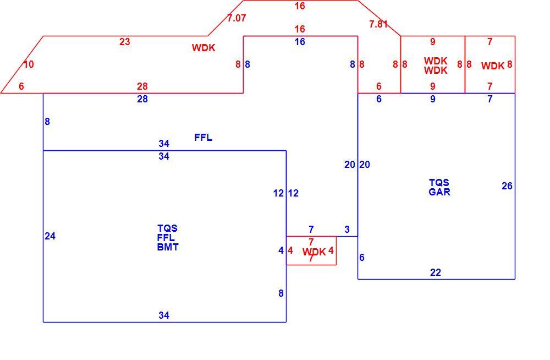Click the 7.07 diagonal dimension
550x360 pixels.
237,18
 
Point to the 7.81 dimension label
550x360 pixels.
378,24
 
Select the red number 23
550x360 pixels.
124,42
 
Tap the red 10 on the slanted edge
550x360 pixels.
29,64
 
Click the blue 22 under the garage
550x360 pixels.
435,272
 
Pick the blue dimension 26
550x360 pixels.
507,186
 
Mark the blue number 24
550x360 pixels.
50,236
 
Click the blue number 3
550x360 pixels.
347,230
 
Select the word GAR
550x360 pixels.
439,192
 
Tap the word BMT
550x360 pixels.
168,247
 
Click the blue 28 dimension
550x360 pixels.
142,99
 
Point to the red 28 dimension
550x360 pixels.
142,86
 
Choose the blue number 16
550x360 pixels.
300,42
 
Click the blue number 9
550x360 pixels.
432,99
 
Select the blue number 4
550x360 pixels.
281,250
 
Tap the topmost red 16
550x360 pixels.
300,6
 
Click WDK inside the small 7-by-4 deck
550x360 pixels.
314,252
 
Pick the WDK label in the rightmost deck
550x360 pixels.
493,66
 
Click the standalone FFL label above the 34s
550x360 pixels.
203,137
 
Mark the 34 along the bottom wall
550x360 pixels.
164,315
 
